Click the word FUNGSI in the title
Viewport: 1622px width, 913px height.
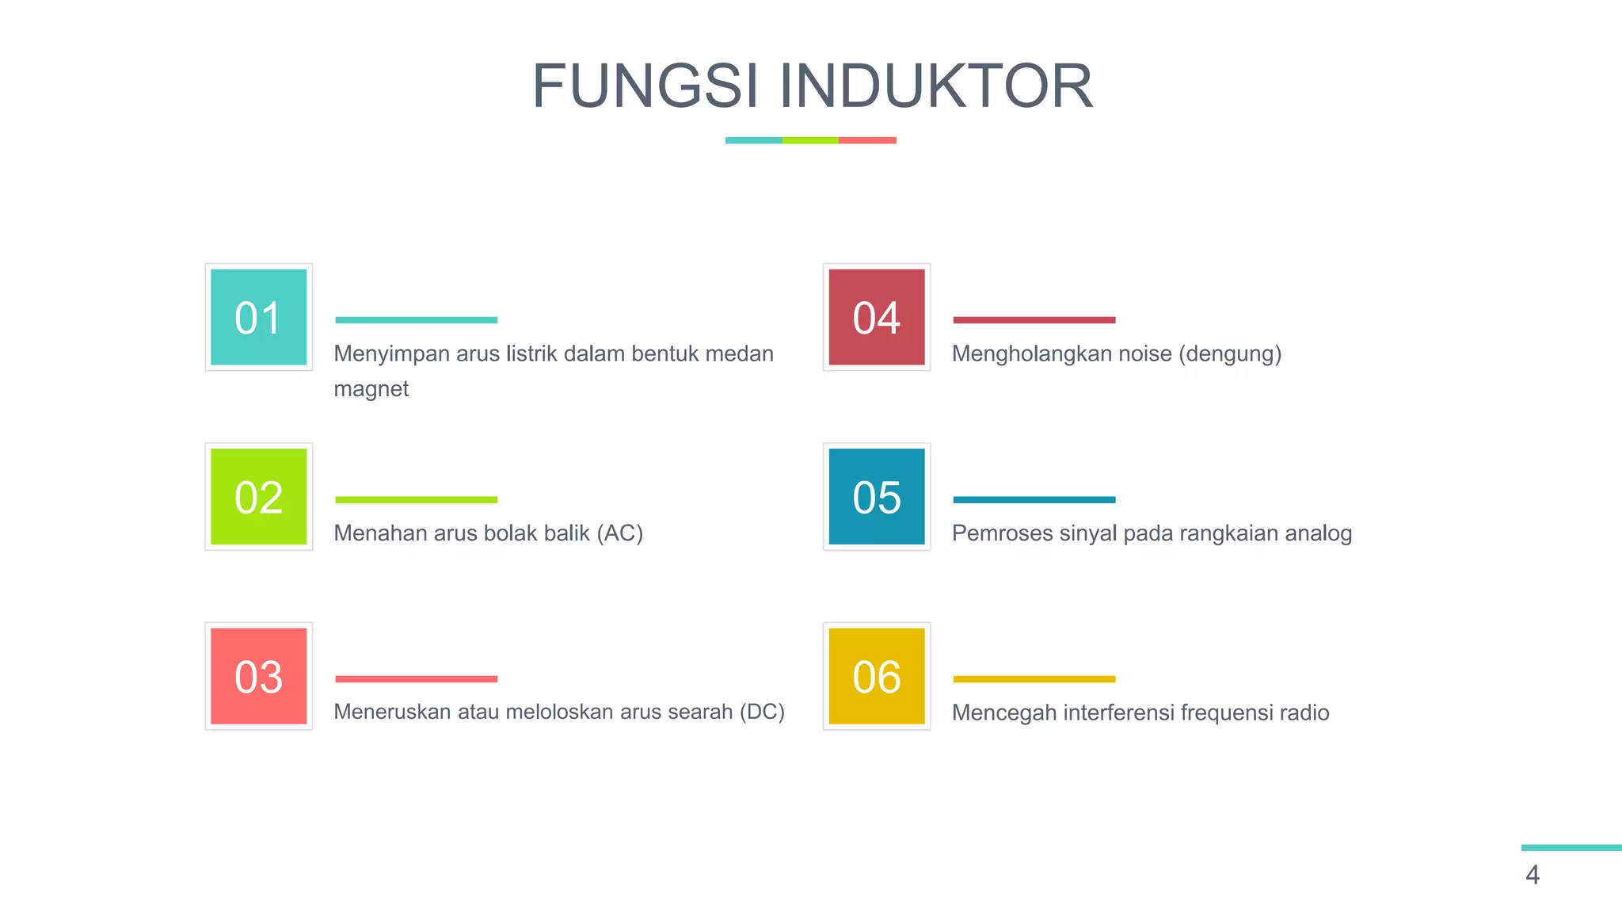click(645, 86)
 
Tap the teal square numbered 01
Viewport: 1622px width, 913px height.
click(258, 317)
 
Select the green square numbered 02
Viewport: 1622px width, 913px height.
click(258, 497)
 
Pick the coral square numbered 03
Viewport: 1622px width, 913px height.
click(258, 676)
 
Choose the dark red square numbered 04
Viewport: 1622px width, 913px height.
click(876, 317)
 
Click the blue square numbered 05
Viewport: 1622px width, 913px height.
click(876, 497)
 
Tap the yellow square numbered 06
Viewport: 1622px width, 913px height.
click(876, 676)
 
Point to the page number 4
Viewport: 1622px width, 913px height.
click(1533, 875)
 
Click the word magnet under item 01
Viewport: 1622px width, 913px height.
click(371, 389)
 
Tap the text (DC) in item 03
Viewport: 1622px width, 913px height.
click(762, 712)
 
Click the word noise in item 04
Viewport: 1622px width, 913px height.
click(1144, 353)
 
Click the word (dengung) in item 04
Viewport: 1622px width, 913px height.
click(1230, 353)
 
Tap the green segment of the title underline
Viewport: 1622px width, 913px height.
click(810, 140)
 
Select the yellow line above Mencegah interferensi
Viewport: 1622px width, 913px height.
click(1034, 679)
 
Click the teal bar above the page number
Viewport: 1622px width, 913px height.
click(1571, 848)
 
